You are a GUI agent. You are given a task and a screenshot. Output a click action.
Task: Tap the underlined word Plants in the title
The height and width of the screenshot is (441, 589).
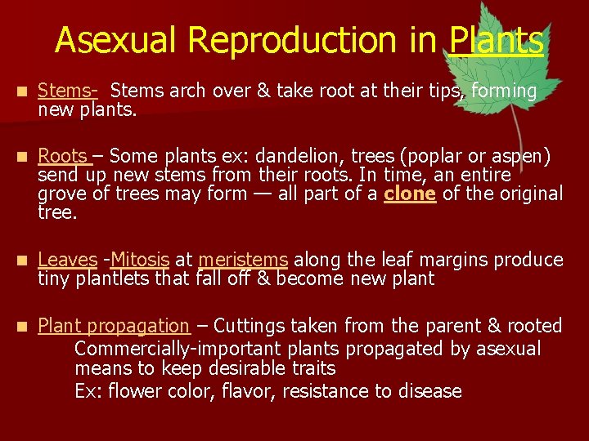pyautogui.click(x=497, y=39)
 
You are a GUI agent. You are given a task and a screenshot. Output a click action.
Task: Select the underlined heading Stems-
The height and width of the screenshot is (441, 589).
pyautogui.click(x=68, y=91)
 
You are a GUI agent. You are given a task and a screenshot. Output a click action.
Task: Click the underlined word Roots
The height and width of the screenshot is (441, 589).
pyautogui.click(x=63, y=156)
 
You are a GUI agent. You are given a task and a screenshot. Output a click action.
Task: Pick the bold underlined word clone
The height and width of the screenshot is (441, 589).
pyautogui.click(x=409, y=194)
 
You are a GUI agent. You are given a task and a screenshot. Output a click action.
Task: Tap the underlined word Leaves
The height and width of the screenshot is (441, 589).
pyautogui.click(x=68, y=260)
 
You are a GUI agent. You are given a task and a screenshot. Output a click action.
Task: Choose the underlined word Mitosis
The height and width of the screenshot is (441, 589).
pyautogui.click(x=140, y=260)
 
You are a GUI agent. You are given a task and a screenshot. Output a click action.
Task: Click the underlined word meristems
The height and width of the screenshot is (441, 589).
pyautogui.click(x=243, y=260)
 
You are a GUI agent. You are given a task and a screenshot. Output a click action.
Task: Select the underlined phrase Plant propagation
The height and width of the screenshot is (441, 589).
pyautogui.click(x=114, y=326)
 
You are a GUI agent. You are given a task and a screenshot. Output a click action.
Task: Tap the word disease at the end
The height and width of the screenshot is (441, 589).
pyautogui.click(x=430, y=391)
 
